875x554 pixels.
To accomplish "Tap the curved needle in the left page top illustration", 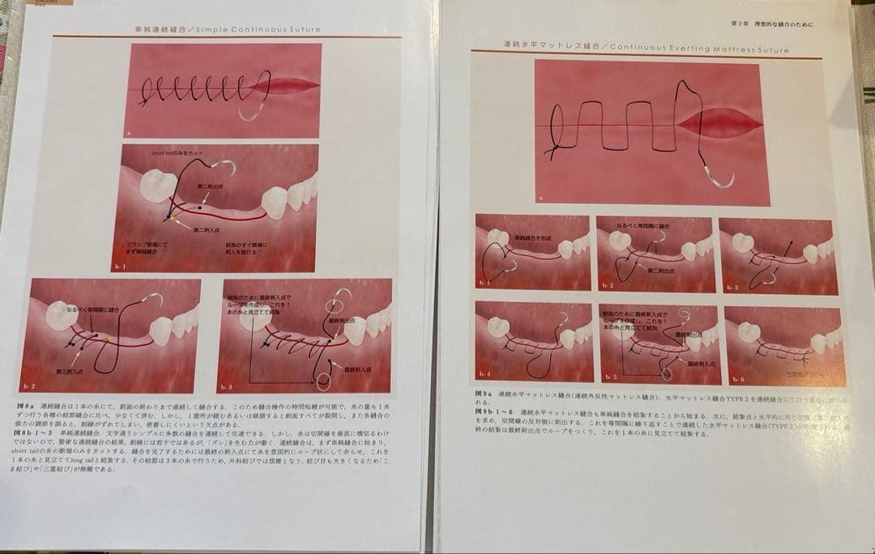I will coord(254,113).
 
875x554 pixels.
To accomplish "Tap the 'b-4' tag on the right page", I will coord(484,374).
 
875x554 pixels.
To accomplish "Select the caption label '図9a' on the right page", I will coord(484,394).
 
